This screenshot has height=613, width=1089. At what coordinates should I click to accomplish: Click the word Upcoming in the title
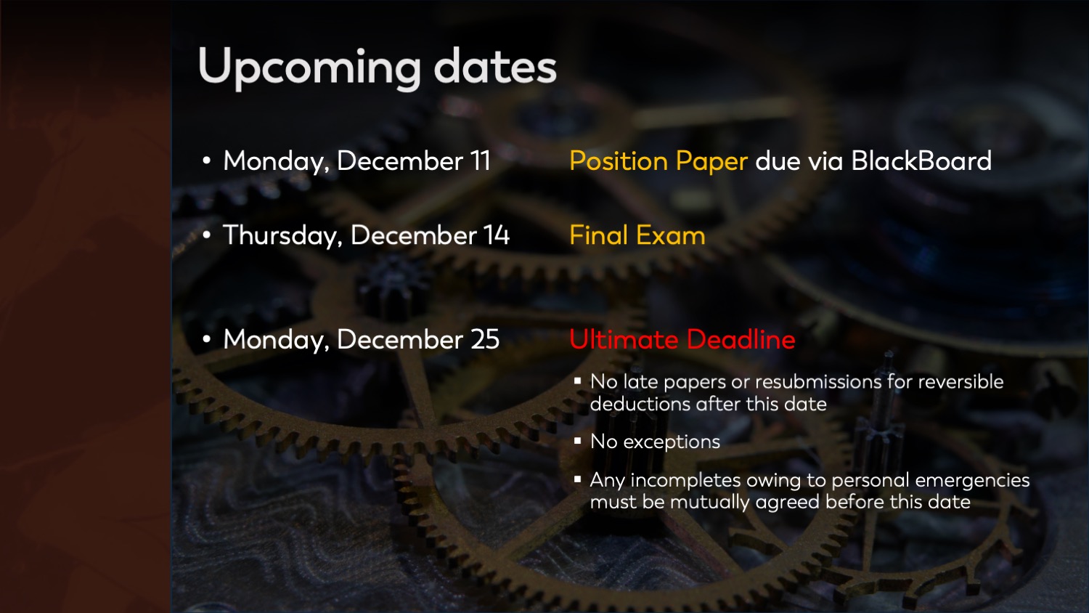[x=309, y=68]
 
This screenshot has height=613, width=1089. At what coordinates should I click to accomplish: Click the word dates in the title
[x=495, y=66]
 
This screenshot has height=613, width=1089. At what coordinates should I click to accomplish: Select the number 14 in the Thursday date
[x=496, y=235]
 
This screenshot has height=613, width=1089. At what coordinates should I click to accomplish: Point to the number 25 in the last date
[x=485, y=339]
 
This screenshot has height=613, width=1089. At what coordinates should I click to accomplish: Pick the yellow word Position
[x=619, y=161]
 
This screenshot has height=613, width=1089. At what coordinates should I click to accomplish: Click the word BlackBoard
[x=921, y=161]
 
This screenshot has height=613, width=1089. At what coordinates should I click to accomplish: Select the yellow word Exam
[x=670, y=235]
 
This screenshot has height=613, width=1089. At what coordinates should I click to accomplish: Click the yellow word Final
[x=599, y=235]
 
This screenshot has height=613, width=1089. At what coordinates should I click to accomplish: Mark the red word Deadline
[x=741, y=338]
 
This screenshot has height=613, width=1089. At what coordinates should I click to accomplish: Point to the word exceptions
[x=672, y=442]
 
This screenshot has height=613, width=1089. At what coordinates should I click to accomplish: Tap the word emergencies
[x=972, y=481]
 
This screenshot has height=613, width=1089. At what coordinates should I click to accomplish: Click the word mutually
[x=709, y=502]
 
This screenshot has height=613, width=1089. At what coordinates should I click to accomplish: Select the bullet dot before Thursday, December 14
[x=207, y=235]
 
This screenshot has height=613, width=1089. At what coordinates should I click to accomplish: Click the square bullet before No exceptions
[x=578, y=442]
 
